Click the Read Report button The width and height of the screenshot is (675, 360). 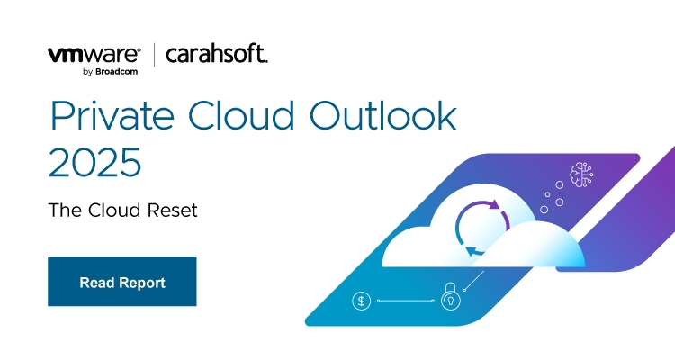122,281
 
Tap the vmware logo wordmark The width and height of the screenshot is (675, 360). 94,55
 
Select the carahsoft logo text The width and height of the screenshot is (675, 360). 217,54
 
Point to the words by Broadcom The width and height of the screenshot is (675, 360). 110,72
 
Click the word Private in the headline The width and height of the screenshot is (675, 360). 112,116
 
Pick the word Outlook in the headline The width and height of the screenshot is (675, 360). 383,116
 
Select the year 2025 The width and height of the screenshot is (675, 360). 94,163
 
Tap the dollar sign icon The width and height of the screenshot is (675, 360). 362,301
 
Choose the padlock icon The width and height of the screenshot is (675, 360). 451,296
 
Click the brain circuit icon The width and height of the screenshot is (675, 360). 581,175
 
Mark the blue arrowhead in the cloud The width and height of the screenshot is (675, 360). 472,251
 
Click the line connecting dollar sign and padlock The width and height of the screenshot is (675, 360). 406,301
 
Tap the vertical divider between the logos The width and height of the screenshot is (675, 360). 154,55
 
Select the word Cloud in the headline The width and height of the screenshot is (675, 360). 241,115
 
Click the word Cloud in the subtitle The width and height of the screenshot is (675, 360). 114,210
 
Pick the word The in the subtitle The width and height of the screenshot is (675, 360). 66,210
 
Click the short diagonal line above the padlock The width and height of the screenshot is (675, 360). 474,281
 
